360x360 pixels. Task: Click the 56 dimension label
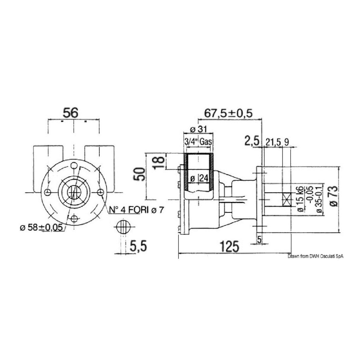tap(71, 113)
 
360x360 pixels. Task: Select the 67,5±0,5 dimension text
tap(228, 113)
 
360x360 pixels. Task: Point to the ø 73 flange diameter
tap(332, 196)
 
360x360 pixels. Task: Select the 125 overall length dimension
tap(230, 246)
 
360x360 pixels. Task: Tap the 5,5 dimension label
tap(137, 246)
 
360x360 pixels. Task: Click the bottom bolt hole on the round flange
tap(74, 219)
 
